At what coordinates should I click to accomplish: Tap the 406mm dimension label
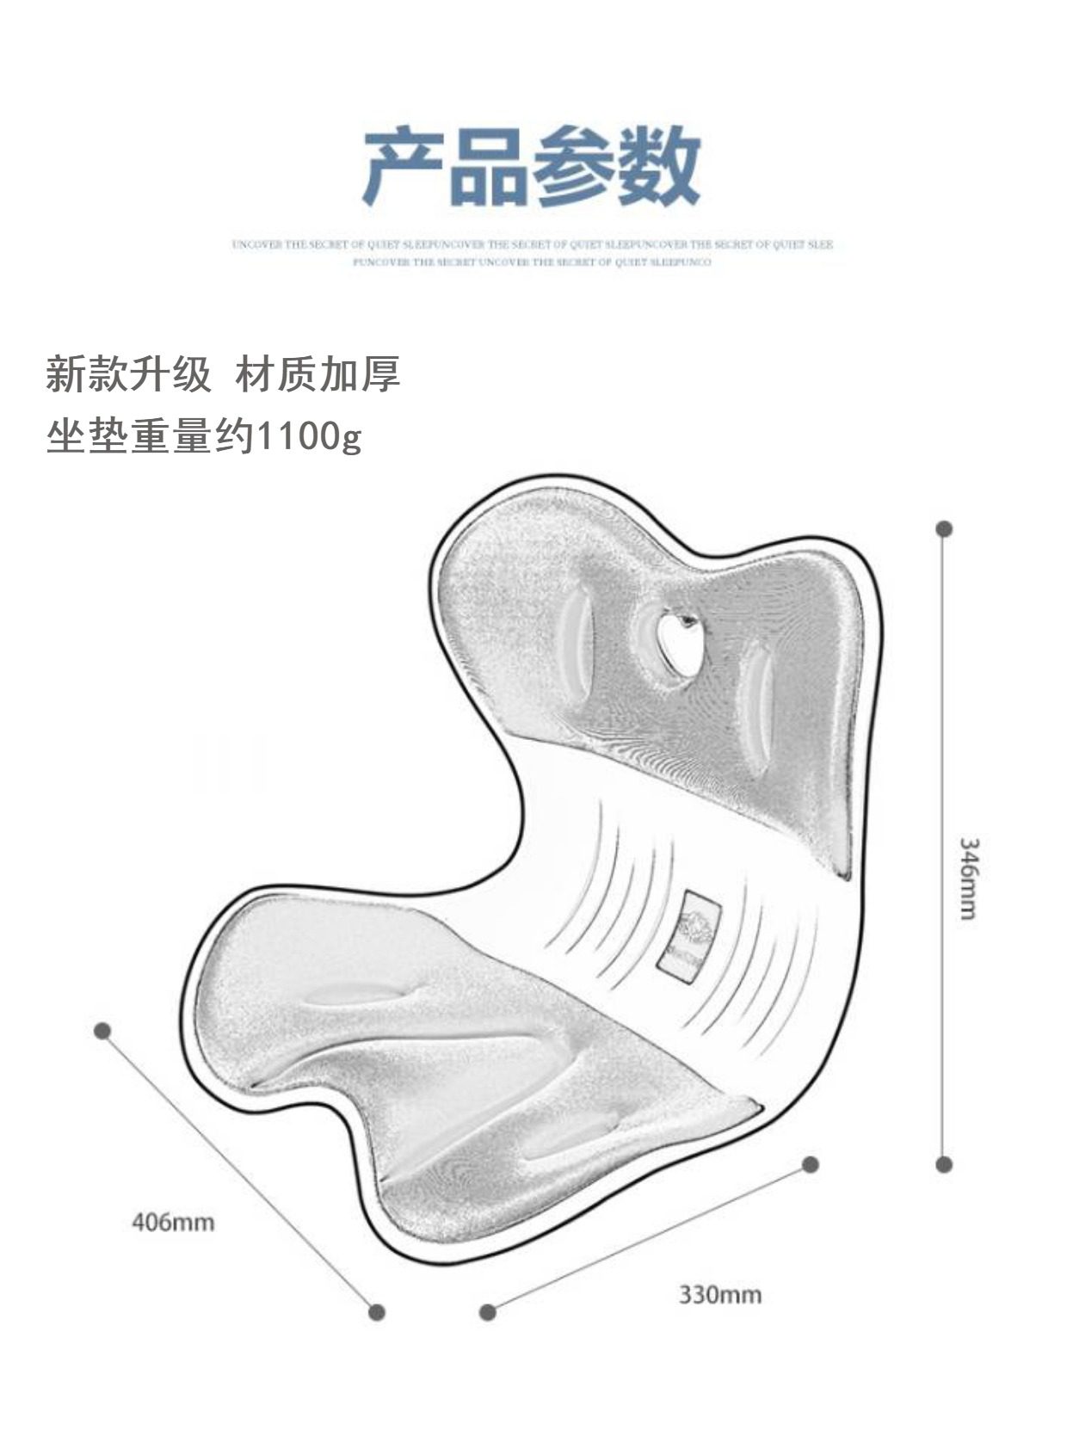pyautogui.click(x=173, y=1221)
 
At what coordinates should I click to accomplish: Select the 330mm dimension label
pyautogui.click(x=719, y=1294)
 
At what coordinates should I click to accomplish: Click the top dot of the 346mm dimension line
pyautogui.click(x=944, y=528)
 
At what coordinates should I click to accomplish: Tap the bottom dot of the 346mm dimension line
pyautogui.click(x=944, y=1164)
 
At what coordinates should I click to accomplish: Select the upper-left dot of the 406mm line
pyautogui.click(x=102, y=1030)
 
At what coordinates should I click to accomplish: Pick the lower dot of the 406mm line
pyautogui.click(x=376, y=1311)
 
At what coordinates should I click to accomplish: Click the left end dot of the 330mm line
pyautogui.click(x=488, y=1311)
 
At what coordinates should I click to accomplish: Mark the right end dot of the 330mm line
pyautogui.click(x=810, y=1164)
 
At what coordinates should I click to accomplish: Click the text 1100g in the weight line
pyautogui.click(x=309, y=438)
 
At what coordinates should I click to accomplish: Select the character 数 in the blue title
pyautogui.click(x=657, y=166)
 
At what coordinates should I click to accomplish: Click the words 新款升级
pyautogui.click(x=128, y=375)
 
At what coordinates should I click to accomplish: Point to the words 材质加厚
pyautogui.click(x=318, y=375)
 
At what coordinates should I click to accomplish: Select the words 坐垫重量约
pyautogui.click(x=151, y=438)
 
